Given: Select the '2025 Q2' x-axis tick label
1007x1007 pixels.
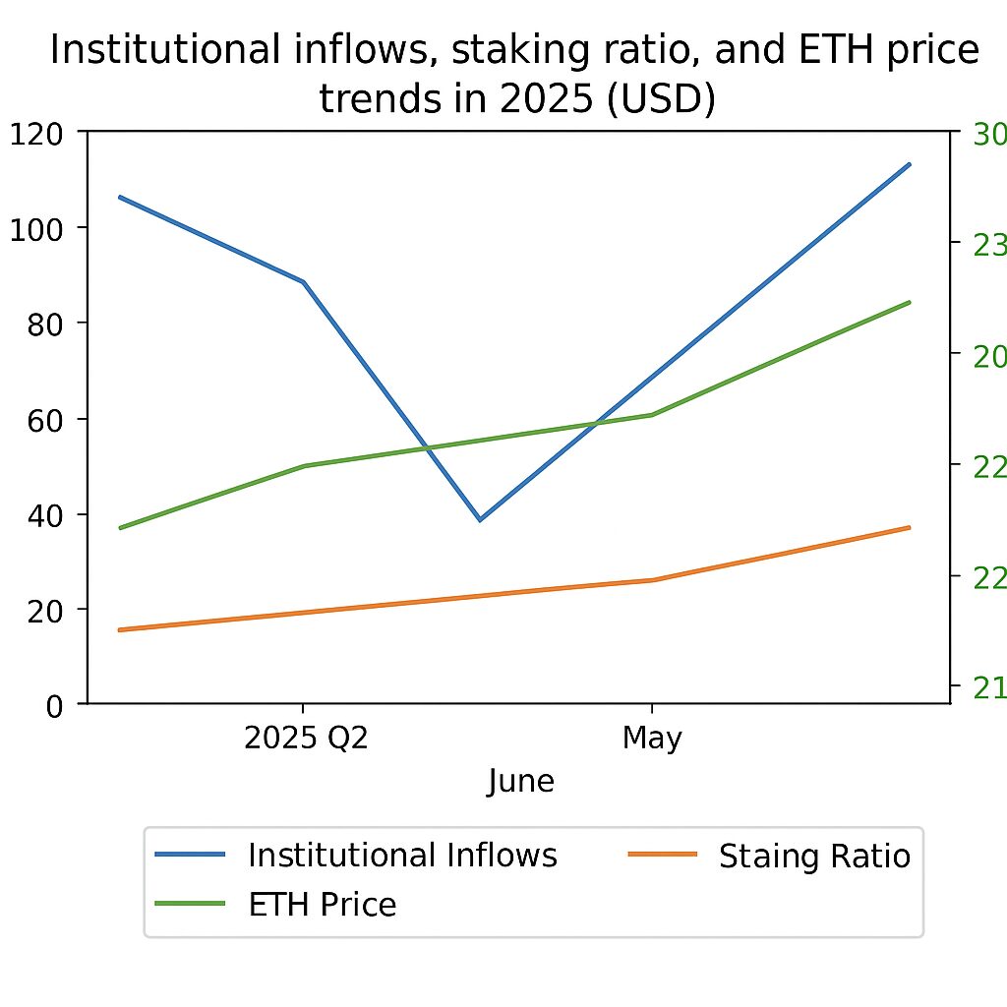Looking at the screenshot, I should point(306,738).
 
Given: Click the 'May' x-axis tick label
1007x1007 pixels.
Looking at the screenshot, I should point(652,738).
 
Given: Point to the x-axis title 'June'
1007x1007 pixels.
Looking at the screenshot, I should point(520,782).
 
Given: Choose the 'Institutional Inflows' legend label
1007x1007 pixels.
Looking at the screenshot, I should point(402,855).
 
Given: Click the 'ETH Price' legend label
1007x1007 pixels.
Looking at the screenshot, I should point(322,904).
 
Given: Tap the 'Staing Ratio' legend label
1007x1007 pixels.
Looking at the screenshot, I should point(814,857).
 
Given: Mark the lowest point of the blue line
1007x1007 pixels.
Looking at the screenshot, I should point(480,519).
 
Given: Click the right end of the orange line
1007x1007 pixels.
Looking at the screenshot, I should point(910,528).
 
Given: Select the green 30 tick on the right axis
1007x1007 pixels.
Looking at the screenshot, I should point(987,134).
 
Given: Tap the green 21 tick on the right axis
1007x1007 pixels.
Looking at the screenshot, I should point(987,688).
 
